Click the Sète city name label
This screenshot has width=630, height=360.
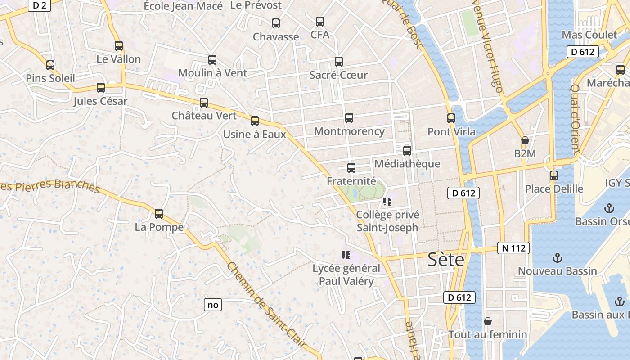pyautogui.click(x=445, y=260)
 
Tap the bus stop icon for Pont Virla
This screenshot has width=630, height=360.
pyautogui.click(x=451, y=118)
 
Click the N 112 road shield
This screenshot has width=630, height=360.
pyautogui.click(x=513, y=248)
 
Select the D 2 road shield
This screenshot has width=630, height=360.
pyautogui.click(x=40, y=5)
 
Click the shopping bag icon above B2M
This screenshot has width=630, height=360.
pyautogui.click(x=525, y=140)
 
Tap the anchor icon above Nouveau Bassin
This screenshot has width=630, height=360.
pyautogui.click(x=558, y=258)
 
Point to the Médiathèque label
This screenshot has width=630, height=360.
pyautogui.click(x=407, y=164)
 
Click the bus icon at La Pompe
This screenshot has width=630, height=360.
pyautogui.click(x=159, y=214)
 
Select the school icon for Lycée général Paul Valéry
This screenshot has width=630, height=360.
pyautogui.click(x=346, y=256)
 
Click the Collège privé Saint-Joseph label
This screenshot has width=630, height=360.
pyautogui.click(x=387, y=221)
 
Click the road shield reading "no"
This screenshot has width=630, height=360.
pyautogui.click(x=213, y=305)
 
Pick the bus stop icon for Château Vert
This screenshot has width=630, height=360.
pyautogui.click(x=204, y=103)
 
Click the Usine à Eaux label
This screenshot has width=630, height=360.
pyautogui.click(x=255, y=134)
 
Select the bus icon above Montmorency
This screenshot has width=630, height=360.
pyautogui.click(x=349, y=118)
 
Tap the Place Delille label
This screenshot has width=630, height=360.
pyautogui.click(x=554, y=189)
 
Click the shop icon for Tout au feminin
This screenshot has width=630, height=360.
pyautogui.click(x=487, y=321)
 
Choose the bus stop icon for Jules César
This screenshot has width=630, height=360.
pyautogui.click(x=101, y=88)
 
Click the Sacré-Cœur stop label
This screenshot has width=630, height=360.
pyautogui.click(x=338, y=75)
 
